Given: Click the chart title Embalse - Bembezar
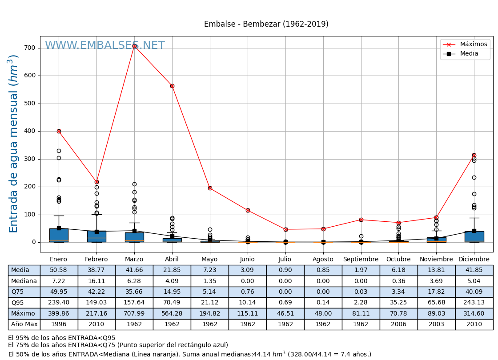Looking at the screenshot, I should (266, 24).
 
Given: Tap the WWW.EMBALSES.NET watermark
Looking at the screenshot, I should (104, 46).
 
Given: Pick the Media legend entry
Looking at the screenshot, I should (469, 54).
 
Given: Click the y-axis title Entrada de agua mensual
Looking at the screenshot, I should (14, 144).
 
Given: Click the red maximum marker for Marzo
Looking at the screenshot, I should (134, 46).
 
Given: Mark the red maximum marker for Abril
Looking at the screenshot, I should (172, 86).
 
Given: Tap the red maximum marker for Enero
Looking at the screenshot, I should (59, 131).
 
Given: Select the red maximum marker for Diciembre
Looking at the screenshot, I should (474, 155).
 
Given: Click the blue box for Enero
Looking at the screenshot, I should (59, 235).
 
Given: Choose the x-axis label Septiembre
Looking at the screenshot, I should (361, 260).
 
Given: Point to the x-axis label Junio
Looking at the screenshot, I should (247, 260).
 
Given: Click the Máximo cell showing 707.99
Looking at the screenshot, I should (134, 313).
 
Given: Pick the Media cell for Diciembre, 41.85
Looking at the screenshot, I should (474, 270).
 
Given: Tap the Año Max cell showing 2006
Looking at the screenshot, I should (398, 324).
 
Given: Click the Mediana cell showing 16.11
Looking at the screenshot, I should (96, 281).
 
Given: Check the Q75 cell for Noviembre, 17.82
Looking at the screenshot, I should (436, 292).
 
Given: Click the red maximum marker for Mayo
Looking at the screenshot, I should (210, 188).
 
